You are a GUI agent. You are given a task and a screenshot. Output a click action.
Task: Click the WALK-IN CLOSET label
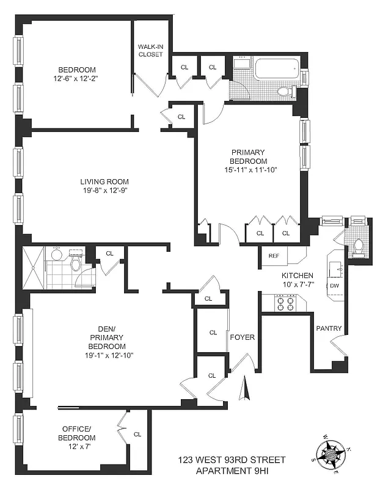[x=150, y=50]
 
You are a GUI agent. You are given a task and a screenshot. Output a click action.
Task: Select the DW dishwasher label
[x=334, y=286]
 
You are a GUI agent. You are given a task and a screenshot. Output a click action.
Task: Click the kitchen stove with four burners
[x=286, y=303]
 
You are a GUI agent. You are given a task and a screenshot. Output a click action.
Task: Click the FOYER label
[x=242, y=337]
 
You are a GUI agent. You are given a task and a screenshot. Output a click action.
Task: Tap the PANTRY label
[x=328, y=328]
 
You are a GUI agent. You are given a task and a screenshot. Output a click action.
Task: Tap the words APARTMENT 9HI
[x=232, y=470]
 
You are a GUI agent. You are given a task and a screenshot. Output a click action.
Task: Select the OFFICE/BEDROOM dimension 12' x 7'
[x=77, y=447]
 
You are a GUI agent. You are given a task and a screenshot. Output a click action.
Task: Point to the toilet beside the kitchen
[x=357, y=246]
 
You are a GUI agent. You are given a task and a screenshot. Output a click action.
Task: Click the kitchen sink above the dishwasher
[x=335, y=266]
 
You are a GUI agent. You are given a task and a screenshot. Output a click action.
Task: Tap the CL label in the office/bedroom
[x=137, y=435]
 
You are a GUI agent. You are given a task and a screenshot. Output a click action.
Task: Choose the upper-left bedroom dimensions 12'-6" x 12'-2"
[x=81, y=78]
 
